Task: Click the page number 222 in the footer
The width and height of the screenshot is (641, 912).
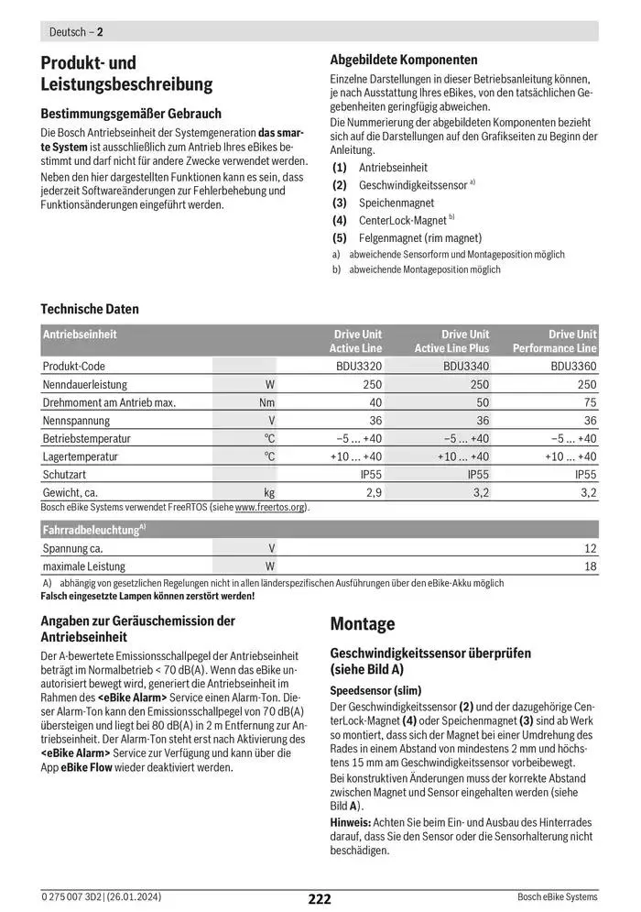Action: tap(319, 899)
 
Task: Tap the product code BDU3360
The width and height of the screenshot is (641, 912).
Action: tap(573, 366)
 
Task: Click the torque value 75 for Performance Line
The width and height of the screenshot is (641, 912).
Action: tap(590, 402)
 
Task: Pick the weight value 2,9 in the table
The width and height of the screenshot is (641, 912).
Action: tap(374, 493)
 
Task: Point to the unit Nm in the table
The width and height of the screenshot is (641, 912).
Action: tap(266, 402)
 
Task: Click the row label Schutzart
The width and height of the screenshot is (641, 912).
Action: tap(65, 475)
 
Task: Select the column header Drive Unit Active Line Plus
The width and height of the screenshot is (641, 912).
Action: tap(451, 341)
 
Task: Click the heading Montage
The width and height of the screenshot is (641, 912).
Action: tap(362, 624)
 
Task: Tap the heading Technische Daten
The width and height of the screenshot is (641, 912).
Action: tap(90, 309)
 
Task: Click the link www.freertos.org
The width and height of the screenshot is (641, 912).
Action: tap(271, 507)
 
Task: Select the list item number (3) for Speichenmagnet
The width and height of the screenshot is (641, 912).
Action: tap(340, 203)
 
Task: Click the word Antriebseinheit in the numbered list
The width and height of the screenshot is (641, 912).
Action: tap(393, 168)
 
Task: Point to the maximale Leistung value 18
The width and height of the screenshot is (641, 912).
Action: tap(590, 566)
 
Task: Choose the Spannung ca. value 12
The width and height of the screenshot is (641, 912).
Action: tap(590, 548)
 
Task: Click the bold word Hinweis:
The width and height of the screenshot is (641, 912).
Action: tap(352, 822)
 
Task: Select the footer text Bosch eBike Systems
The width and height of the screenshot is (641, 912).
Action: tap(557, 896)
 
